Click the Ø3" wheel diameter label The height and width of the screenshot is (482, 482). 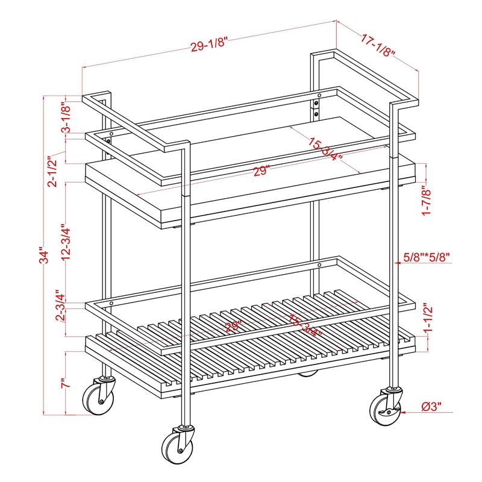point(437,408)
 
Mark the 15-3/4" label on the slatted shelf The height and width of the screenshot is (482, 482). point(305,325)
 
